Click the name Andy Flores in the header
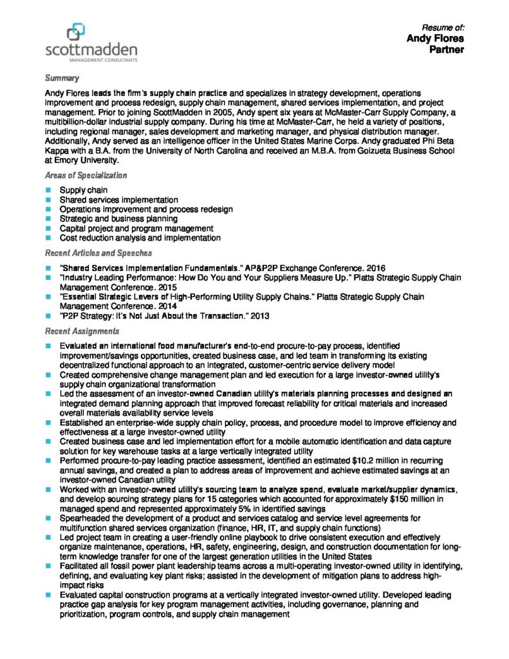click(x=435, y=39)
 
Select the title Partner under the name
click(x=447, y=50)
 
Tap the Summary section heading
click(x=62, y=78)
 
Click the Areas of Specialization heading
click(x=86, y=175)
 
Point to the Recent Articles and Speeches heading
click(x=98, y=253)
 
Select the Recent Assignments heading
click(x=82, y=331)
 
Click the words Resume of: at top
click(x=443, y=27)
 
